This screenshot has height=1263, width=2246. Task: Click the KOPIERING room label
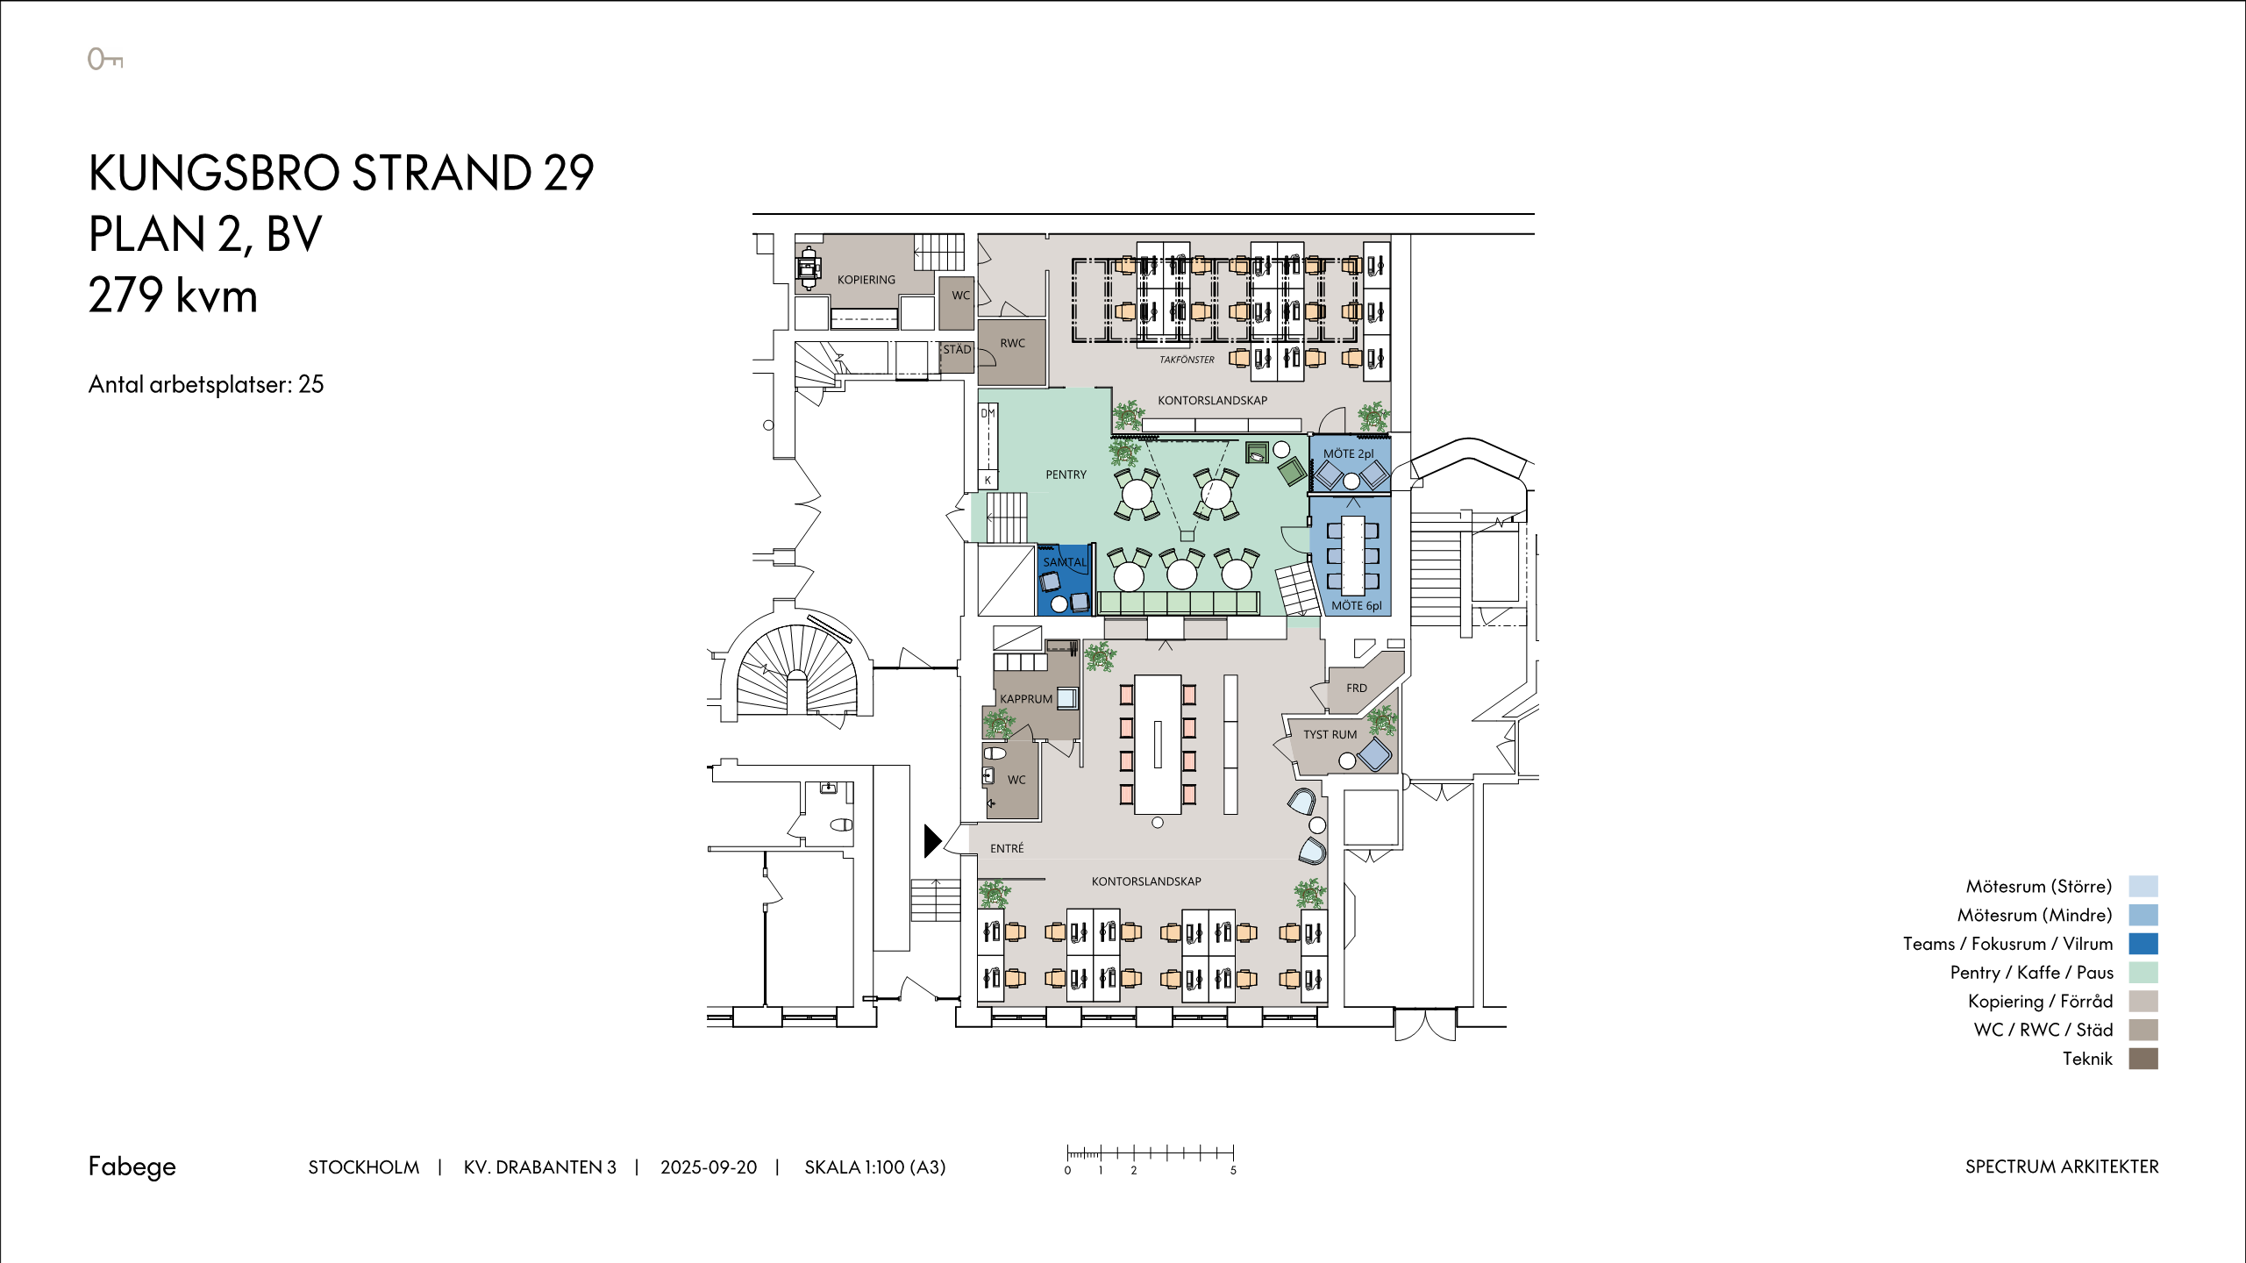866,280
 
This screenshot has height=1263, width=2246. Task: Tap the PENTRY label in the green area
1066,475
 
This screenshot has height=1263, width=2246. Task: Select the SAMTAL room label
1065,562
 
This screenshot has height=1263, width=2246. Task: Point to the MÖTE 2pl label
1349,453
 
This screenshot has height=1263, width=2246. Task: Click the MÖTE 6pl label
1356,605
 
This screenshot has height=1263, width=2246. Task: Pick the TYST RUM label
1330,735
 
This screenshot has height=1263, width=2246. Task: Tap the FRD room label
1357,689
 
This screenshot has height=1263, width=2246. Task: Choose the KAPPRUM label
1026,699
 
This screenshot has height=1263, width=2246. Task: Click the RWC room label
1012,343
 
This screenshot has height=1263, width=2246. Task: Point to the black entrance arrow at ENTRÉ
932,840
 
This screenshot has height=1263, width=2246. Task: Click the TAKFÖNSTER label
1187,360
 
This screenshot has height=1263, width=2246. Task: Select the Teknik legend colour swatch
2143,1059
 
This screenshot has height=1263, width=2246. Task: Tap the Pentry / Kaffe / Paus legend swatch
2143,973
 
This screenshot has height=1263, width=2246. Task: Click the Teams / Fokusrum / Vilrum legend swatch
2143,944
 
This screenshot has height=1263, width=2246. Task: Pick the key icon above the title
105,59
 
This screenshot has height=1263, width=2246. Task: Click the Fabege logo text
132,1167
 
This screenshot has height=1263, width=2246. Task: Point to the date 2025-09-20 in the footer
709,1167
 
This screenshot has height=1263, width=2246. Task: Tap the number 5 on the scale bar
1233,1171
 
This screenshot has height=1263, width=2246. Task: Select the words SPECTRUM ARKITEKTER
2062,1167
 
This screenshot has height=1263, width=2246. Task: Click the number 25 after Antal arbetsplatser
311,384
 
